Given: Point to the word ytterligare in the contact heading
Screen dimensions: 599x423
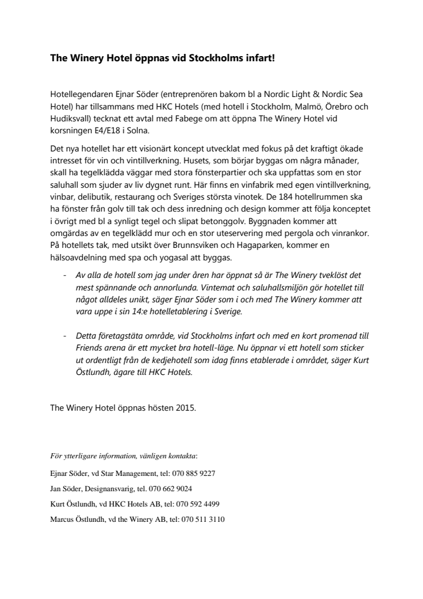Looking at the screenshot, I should click(79, 455).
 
